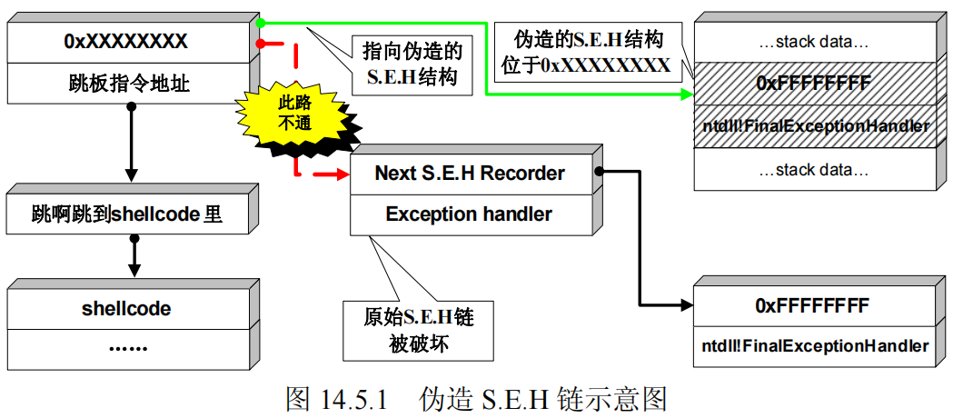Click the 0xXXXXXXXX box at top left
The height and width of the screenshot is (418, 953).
126,42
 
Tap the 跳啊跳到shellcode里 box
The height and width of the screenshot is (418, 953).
126,214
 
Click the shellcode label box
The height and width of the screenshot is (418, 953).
126,308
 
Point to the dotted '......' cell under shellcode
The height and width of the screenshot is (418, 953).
126,346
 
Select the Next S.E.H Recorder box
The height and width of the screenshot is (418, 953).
470,174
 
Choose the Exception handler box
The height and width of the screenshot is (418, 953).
470,214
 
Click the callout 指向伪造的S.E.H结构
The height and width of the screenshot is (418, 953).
412,63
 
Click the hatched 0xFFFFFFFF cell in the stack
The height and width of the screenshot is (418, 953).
813,84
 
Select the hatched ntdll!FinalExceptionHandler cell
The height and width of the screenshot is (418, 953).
813,125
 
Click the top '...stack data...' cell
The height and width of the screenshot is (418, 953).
813,42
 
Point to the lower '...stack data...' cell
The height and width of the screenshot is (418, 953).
813,168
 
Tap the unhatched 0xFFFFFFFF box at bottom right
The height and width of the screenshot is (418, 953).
813,305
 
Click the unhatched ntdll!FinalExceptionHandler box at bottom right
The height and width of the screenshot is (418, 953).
813,345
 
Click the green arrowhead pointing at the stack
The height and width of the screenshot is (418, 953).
685,94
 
